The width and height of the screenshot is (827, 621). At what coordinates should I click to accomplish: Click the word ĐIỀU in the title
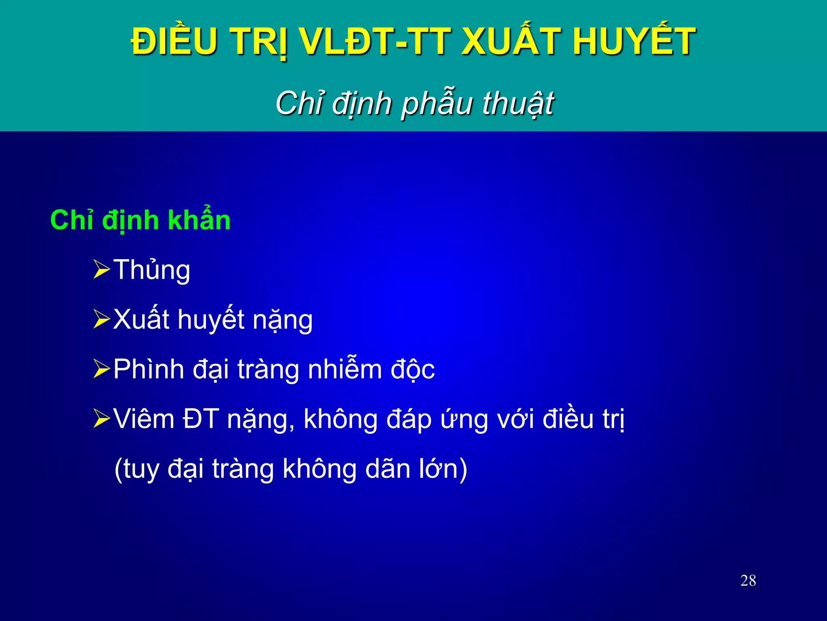pos(174,41)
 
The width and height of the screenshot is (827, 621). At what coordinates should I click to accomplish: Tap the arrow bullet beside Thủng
pos(101,270)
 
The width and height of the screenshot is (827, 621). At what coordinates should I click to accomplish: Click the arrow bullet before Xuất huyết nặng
pos(101,319)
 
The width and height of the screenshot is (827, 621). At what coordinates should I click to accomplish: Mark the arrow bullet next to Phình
pos(101,369)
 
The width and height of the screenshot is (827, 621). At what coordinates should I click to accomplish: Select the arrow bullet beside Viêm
pos(101,418)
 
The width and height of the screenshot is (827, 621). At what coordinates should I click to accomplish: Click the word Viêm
pos(144,419)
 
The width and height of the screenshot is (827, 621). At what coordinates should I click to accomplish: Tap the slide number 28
pos(748,581)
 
